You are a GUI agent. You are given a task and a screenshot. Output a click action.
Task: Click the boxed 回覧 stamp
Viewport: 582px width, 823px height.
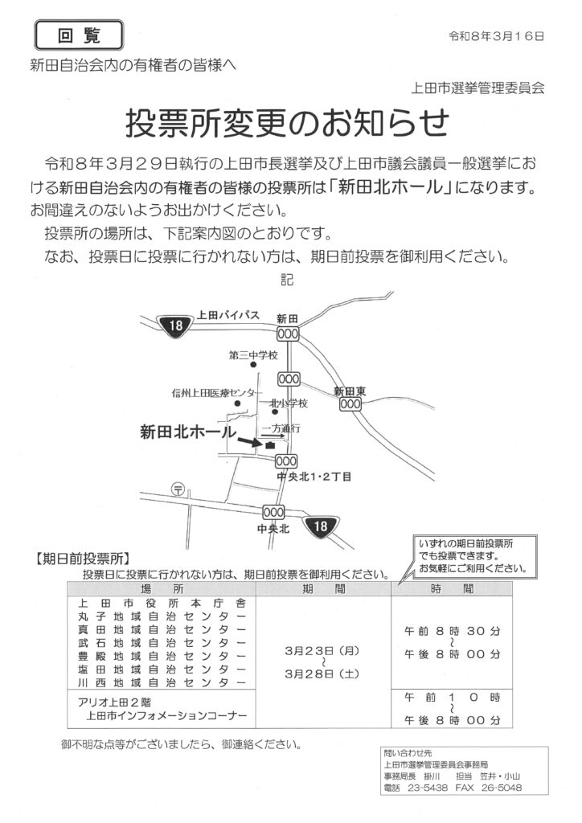(x=80, y=35)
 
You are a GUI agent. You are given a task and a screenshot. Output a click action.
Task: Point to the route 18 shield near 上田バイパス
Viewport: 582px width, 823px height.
(x=174, y=325)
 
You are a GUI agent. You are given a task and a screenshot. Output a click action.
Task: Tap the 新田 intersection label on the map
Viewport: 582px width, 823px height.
(x=287, y=317)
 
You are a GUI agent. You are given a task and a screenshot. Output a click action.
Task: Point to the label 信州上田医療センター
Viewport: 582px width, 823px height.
(x=213, y=392)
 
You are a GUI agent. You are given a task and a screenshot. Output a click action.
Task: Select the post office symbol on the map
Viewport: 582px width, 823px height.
(x=178, y=488)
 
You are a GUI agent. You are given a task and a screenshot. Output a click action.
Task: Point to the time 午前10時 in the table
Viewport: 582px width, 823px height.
(x=452, y=695)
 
